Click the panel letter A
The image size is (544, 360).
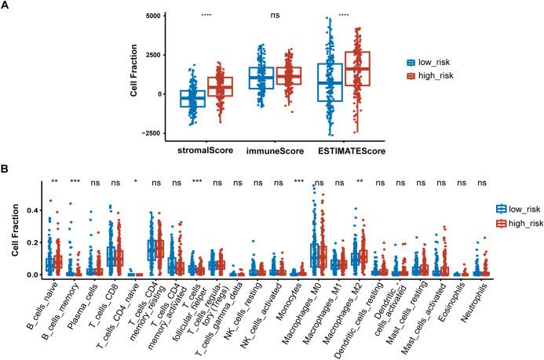click(6, 5)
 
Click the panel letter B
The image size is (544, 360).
click(6, 167)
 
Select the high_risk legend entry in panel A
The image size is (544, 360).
click(434, 76)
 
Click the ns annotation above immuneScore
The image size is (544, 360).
click(274, 14)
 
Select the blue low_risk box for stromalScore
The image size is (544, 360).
click(192, 98)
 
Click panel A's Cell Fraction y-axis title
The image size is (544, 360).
click(135, 75)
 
